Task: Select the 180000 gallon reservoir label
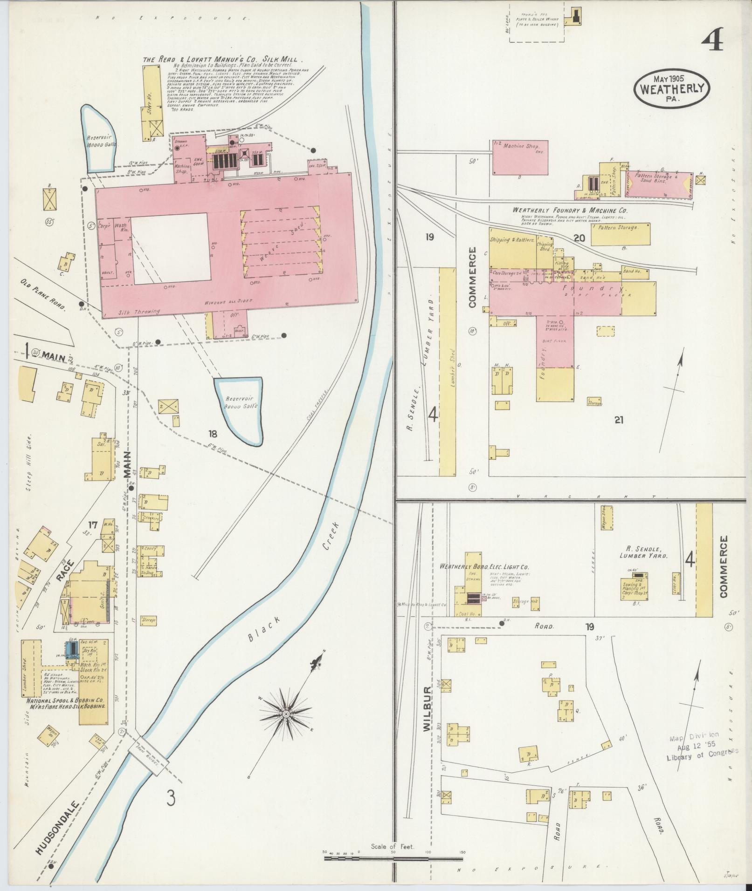(101, 141)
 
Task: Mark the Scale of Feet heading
(393, 847)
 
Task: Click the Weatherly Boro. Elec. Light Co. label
(483, 567)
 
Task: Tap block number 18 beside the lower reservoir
(213, 434)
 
